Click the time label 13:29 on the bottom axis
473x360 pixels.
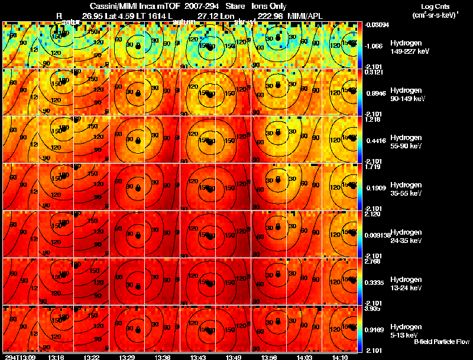127,357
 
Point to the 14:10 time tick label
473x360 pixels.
342,357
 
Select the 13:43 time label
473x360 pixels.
199,357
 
